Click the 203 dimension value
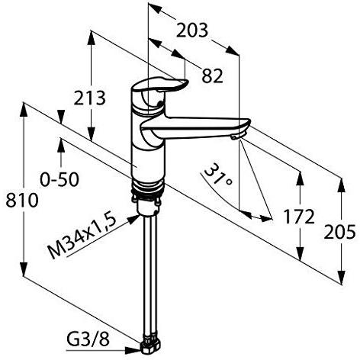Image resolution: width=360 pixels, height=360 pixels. click(192, 31)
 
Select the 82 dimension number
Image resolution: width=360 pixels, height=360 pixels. click(212, 76)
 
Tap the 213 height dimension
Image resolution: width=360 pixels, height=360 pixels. click(89, 98)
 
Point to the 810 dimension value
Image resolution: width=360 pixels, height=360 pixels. click(22, 200)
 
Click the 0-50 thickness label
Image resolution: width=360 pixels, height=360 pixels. click(59, 179)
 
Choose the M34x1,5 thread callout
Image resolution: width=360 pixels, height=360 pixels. click(82, 236)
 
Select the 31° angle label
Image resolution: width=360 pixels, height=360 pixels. click(217, 175)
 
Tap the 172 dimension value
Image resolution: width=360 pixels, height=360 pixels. click(299, 217)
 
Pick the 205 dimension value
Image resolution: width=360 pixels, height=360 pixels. click(339, 232)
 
